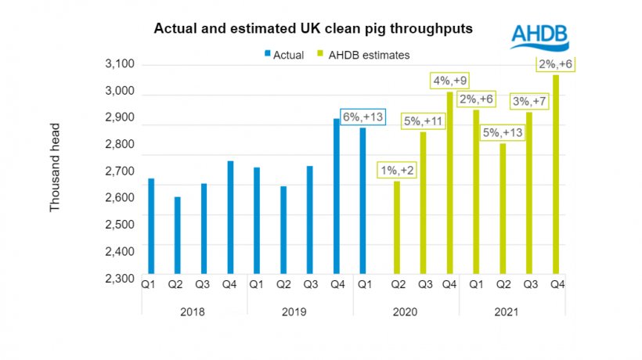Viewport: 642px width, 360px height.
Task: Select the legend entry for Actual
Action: [286, 55]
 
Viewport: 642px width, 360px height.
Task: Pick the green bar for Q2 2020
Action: [397, 229]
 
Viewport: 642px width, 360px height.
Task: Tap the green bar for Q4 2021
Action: [556, 176]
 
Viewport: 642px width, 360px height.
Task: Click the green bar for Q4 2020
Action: [449, 185]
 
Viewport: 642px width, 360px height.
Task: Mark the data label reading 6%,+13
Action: [362, 115]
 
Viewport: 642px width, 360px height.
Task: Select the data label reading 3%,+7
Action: [529, 101]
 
